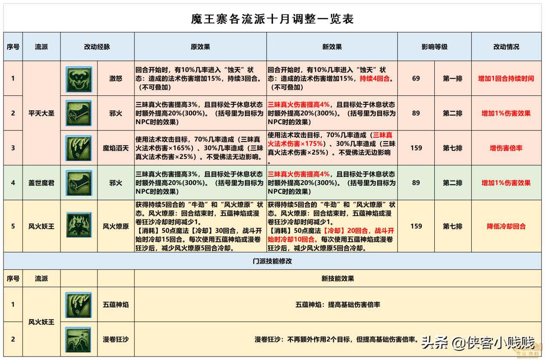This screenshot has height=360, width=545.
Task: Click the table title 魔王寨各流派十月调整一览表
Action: (x=272, y=19)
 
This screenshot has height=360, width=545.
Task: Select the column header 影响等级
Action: (x=434, y=47)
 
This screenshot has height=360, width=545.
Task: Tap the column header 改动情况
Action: (x=506, y=47)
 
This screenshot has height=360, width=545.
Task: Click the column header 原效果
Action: (x=200, y=47)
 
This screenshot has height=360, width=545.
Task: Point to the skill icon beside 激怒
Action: (x=79, y=79)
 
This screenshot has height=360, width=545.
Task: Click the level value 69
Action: (x=416, y=78)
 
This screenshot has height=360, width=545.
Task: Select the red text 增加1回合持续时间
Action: (x=506, y=79)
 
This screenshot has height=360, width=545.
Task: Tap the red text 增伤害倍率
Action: (x=506, y=148)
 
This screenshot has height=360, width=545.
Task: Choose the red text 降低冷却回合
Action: (x=506, y=226)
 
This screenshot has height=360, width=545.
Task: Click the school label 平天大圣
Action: (x=41, y=113)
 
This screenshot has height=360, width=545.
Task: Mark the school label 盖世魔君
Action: (x=41, y=183)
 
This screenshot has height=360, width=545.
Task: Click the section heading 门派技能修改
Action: (x=272, y=261)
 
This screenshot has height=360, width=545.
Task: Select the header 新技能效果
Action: (x=338, y=279)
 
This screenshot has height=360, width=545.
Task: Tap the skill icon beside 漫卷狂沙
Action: (x=79, y=340)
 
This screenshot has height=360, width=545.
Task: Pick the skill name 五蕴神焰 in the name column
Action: (x=116, y=305)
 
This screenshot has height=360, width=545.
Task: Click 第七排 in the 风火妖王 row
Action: (x=453, y=226)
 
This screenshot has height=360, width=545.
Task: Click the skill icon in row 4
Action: (x=79, y=183)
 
